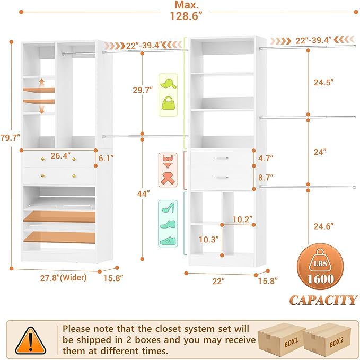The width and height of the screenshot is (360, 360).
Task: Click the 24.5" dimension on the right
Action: click(x=323, y=83)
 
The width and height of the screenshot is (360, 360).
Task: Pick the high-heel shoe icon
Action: click(x=168, y=208)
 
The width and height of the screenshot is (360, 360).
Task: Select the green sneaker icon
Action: click(x=168, y=240)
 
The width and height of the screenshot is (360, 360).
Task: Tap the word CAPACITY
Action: click(x=323, y=300)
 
